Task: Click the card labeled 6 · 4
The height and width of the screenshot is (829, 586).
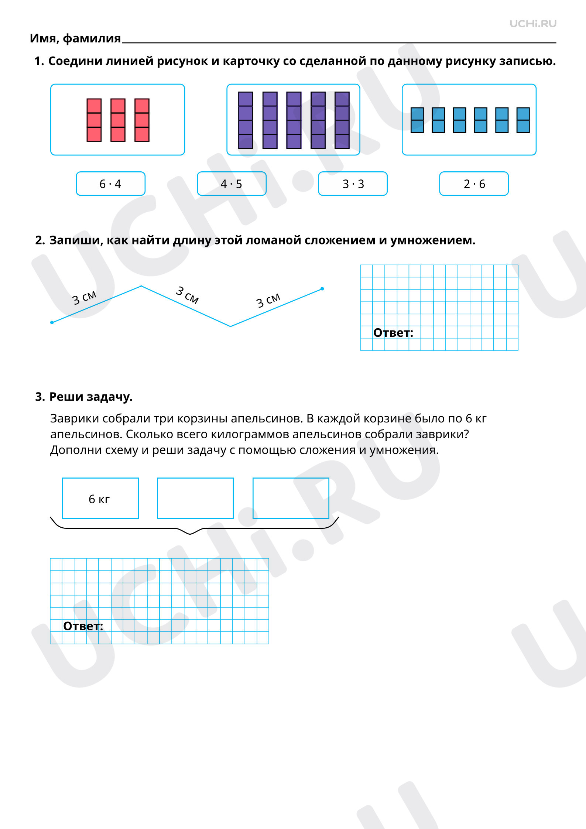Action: pyautogui.click(x=110, y=184)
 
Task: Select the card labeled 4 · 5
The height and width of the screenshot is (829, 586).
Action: pyautogui.click(x=232, y=184)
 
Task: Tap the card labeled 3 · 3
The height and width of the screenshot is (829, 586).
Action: pyautogui.click(x=353, y=184)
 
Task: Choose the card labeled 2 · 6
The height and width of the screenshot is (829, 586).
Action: pyautogui.click(x=474, y=184)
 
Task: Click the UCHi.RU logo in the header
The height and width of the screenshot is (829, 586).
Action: pyautogui.click(x=533, y=24)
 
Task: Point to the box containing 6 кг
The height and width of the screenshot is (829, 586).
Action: pyautogui.click(x=100, y=498)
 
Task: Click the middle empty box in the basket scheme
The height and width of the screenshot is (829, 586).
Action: pyautogui.click(x=195, y=498)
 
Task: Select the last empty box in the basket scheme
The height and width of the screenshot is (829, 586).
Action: pyautogui.click(x=291, y=498)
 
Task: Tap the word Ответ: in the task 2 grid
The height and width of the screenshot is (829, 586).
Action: pyautogui.click(x=393, y=333)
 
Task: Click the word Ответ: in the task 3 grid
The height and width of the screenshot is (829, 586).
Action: pyautogui.click(x=83, y=626)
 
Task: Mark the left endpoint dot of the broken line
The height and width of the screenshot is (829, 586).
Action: pyautogui.click(x=52, y=322)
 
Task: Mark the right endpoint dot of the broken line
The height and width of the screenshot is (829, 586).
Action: pyautogui.click(x=322, y=289)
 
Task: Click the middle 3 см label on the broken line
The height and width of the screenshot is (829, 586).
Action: pyautogui.click(x=187, y=295)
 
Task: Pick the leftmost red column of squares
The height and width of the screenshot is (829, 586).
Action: pyautogui.click(x=94, y=120)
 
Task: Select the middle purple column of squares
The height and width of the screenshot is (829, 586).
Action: pyautogui.click(x=294, y=120)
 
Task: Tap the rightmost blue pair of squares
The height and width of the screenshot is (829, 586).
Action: pyautogui.click(x=523, y=120)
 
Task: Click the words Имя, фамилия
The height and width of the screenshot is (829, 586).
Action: pyautogui.click(x=75, y=38)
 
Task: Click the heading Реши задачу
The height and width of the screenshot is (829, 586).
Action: pyautogui.click(x=91, y=397)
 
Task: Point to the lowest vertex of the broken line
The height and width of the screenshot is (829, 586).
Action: pyautogui.click(x=231, y=326)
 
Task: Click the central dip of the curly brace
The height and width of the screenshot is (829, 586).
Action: pyautogui.click(x=190, y=534)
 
